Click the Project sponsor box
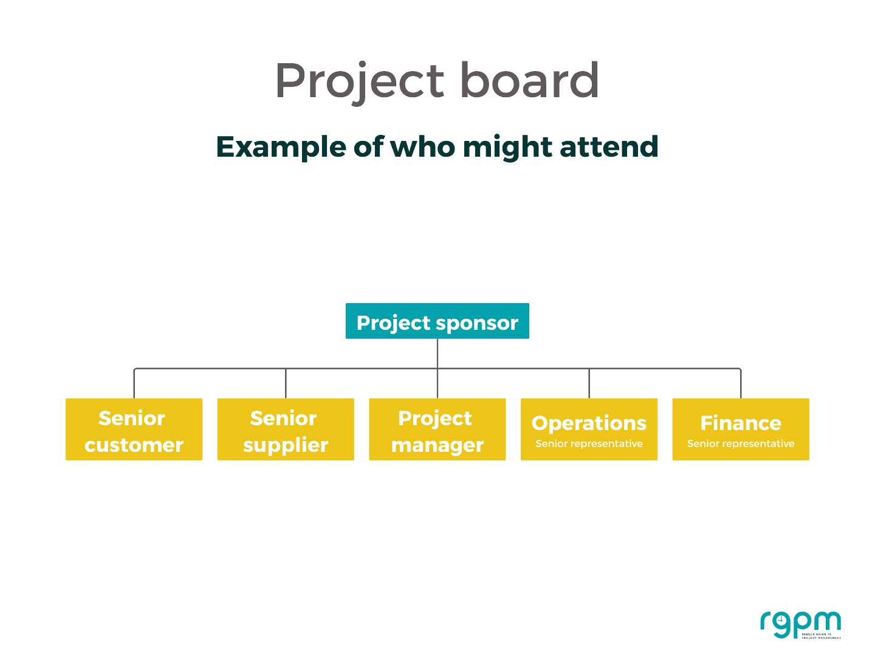click(437, 321)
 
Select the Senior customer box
click(134, 429)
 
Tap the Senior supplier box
click(286, 429)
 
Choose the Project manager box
click(437, 429)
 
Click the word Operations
click(589, 423)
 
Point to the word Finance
click(740, 423)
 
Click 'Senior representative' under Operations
click(589, 444)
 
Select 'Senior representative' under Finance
click(740, 444)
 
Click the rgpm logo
click(800, 625)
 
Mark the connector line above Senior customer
click(134, 383)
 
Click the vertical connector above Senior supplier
click(286, 383)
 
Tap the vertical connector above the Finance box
click(741, 383)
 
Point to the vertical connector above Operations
click(589, 383)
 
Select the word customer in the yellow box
click(134, 445)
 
